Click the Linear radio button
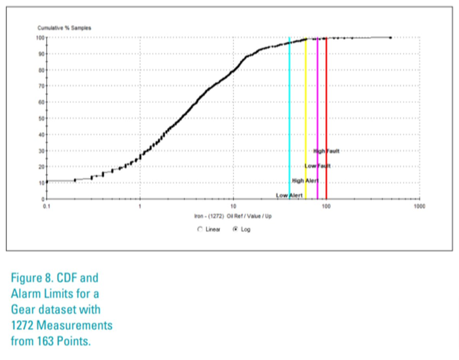pos(200,229)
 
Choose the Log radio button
pos(235,229)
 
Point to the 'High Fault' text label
pos(326,151)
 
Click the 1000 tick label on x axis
pos(419,206)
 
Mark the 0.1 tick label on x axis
pos(47,206)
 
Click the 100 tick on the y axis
pos(40,38)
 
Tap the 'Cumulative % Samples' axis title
pos(64,28)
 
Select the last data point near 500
pos(390,38)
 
